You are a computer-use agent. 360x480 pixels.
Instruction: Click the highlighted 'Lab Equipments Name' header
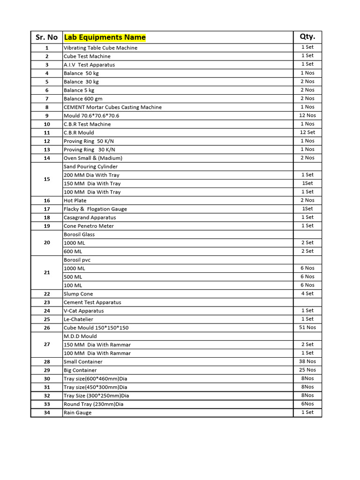pos(105,37)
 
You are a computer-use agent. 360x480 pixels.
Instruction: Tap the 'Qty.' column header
pos(307,37)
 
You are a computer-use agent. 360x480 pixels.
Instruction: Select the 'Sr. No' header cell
pos(46,37)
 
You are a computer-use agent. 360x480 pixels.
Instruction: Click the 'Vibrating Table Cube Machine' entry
pos(100,48)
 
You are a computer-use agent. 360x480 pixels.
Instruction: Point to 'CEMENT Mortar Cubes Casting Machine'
pos(112,107)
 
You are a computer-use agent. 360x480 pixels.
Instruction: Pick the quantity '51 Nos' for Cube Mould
pos(307,327)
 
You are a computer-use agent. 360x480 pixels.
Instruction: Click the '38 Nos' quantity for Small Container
pos(307,361)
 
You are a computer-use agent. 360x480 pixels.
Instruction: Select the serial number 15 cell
pos(46,179)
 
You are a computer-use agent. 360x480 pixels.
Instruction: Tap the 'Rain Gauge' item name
pos(78,412)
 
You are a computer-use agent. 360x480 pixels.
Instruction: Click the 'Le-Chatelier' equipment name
pos(78,319)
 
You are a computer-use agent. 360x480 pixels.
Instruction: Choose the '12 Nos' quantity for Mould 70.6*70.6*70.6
pos(307,115)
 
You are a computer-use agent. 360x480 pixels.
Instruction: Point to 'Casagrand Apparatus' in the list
pos(90,217)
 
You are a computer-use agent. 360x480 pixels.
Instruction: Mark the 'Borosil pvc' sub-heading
pos(78,260)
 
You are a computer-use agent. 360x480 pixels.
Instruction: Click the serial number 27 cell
pos(46,345)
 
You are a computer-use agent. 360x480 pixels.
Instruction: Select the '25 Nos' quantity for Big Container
pos(307,370)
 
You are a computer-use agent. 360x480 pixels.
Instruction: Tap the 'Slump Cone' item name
pos(78,294)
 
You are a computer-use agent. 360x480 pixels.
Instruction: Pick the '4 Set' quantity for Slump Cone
pos(307,293)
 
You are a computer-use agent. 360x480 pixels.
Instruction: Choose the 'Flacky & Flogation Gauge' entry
pos(95,209)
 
